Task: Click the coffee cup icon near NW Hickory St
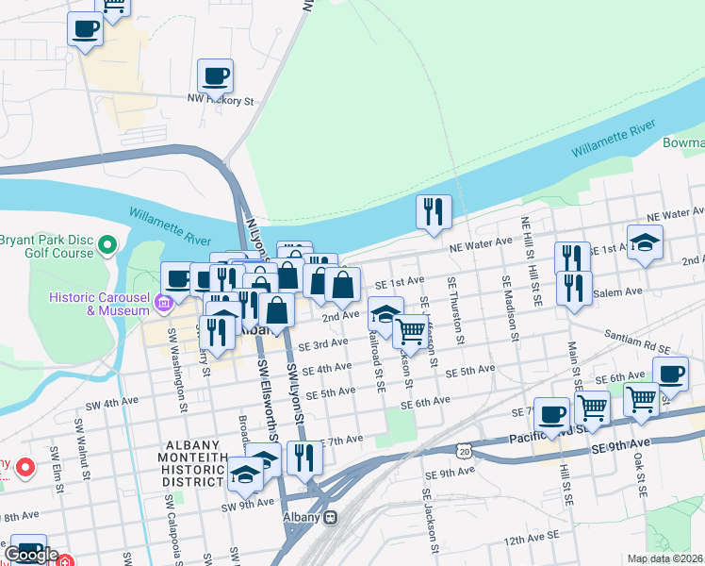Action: tap(215, 75)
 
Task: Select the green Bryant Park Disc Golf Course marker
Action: tap(107, 246)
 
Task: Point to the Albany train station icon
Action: tap(330, 517)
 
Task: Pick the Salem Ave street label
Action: tap(618, 291)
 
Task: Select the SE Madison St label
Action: tap(510, 309)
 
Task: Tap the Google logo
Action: tap(32, 555)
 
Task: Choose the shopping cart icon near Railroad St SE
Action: tap(410, 331)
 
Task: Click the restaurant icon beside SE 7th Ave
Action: tap(303, 458)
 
